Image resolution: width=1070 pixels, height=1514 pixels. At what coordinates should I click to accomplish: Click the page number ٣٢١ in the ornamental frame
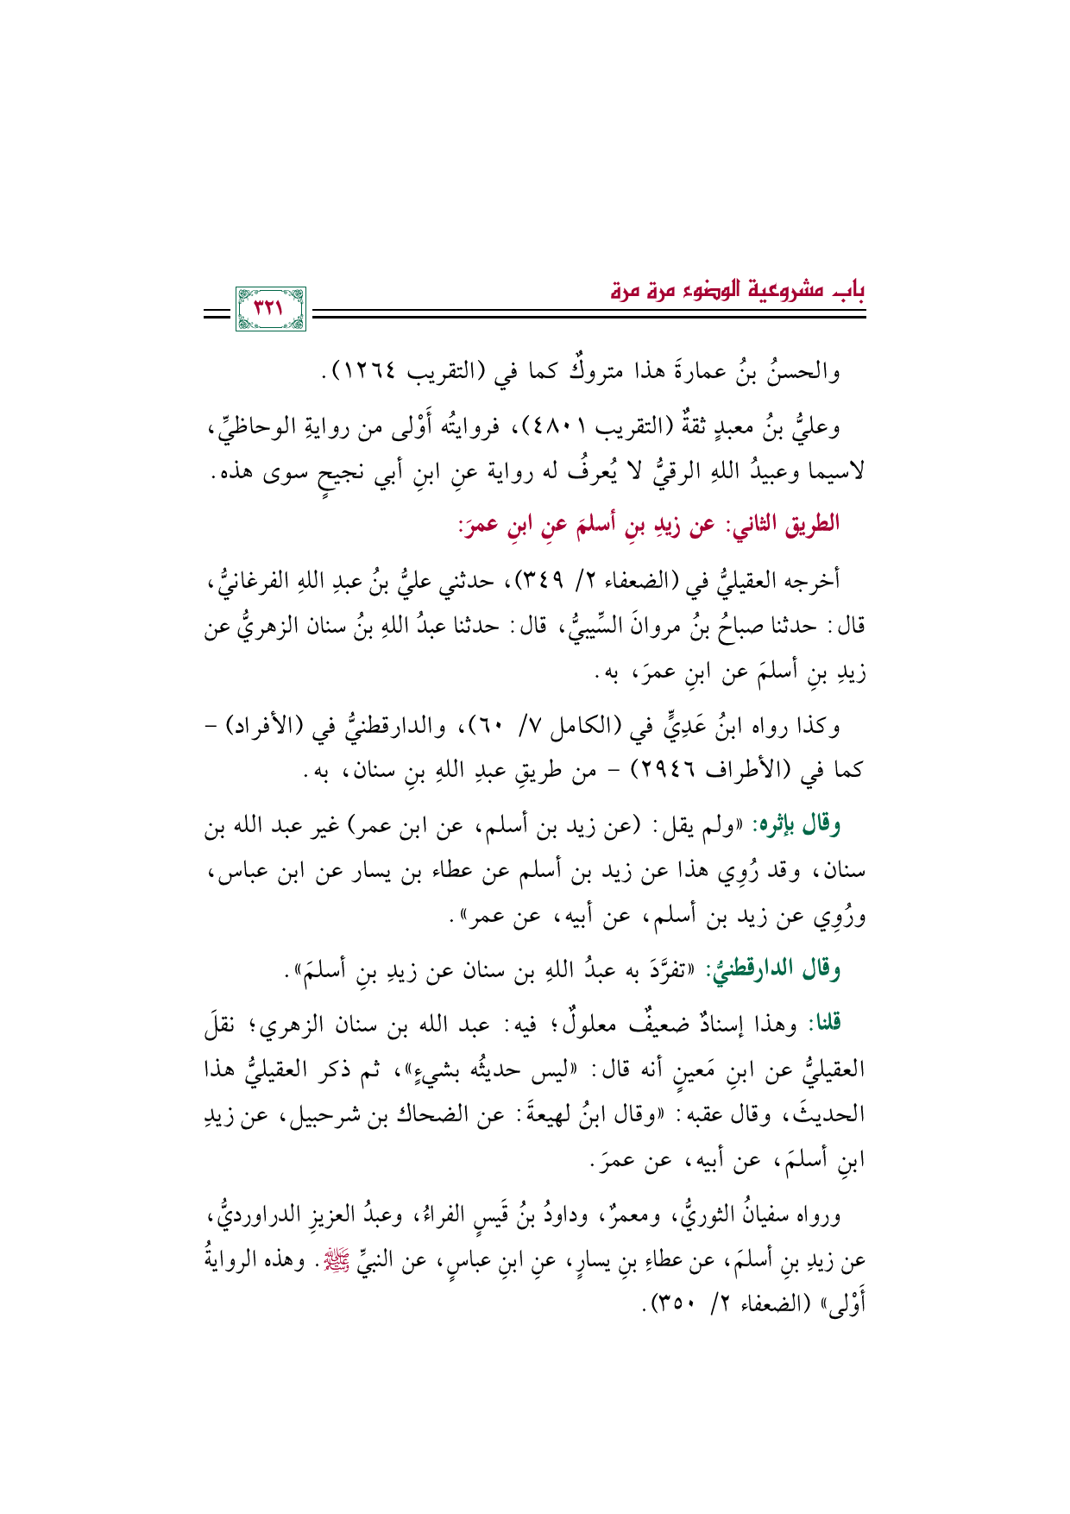tap(270, 309)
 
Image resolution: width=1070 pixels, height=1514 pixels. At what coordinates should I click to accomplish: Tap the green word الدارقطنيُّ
tap(758, 971)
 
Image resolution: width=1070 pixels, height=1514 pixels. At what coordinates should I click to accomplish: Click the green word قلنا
tap(822, 1025)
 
